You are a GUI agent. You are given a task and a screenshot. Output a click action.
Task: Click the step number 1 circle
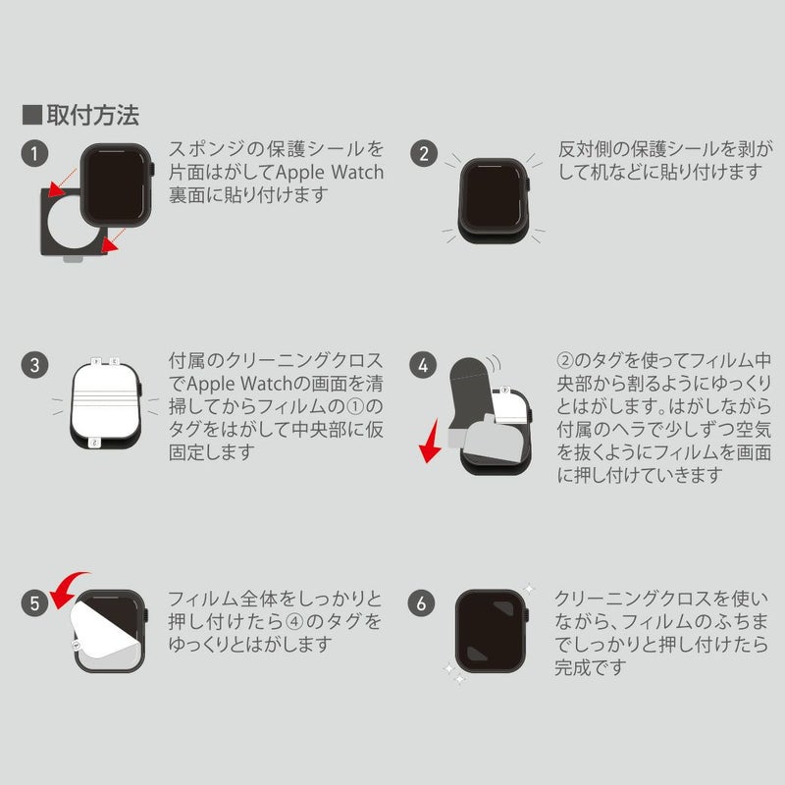click(x=34, y=153)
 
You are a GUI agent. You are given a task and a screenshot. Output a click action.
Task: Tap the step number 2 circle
click(x=424, y=153)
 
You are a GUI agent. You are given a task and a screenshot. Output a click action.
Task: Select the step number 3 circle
click(x=34, y=365)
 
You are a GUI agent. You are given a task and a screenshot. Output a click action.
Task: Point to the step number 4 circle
click(x=423, y=365)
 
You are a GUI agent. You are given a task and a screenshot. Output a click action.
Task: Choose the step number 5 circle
click(x=34, y=602)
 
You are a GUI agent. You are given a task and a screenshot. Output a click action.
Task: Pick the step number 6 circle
click(x=422, y=602)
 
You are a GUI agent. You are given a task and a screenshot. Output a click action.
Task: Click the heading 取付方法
click(x=92, y=115)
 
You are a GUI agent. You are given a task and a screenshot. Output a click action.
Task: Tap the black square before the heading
click(x=32, y=115)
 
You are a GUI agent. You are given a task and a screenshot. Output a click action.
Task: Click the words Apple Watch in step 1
click(x=330, y=172)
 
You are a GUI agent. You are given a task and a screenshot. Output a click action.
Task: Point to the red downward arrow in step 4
click(x=430, y=442)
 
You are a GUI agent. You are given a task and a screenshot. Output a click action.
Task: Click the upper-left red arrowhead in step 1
click(x=56, y=189)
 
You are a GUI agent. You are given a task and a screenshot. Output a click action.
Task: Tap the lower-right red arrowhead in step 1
click(x=109, y=244)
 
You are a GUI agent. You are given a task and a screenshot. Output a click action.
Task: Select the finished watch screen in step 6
click(x=490, y=631)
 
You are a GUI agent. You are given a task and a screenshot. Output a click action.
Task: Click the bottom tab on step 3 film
click(x=94, y=443)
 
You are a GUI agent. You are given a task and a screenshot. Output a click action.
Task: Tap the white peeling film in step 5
click(x=104, y=629)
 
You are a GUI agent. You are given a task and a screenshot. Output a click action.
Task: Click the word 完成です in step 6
click(x=591, y=667)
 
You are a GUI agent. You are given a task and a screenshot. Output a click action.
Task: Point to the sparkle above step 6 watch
click(x=529, y=588)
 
